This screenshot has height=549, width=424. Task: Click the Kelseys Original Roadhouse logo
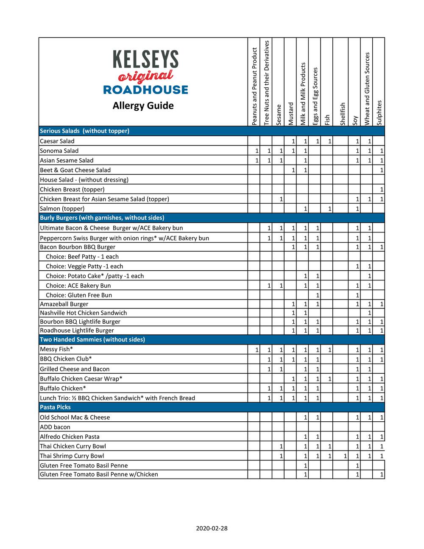pyautogui.click(x=145, y=72)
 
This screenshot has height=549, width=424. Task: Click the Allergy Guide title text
pyautogui.click(x=143, y=106)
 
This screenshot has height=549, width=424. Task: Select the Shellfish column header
pyautogui.click(x=342, y=114)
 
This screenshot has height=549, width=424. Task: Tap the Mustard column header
pyautogui.click(x=290, y=114)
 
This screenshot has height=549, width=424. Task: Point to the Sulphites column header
pyautogui.click(x=379, y=112)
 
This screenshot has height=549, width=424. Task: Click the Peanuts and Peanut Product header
pyautogui.click(x=254, y=86)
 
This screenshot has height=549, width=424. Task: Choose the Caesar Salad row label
pyautogui.click(x=57, y=141)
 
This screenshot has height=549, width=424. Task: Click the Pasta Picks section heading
pyautogui.click(x=55, y=407)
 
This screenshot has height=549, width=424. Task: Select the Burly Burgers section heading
pyautogui.click(x=102, y=218)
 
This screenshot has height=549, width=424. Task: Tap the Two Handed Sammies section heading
pyautogui.click(x=92, y=339)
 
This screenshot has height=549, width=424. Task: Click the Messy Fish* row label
pyautogui.click(x=56, y=350)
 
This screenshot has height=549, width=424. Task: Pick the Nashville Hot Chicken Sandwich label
pyautogui.click(x=83, y=313)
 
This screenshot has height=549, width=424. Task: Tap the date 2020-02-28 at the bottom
pyautogui.click(x=212, y=529)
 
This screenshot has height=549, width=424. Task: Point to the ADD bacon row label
pyautogui.click(x=55, y=427)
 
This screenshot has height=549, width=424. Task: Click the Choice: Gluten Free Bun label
pyautogui.click(x=79, y=295)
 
